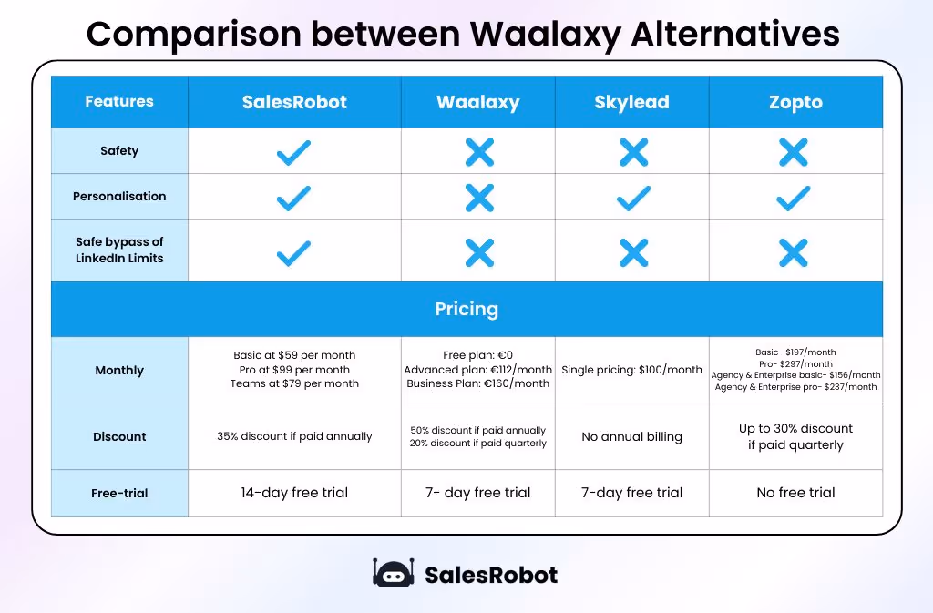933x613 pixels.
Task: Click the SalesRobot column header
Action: pyautogui.click(x=294, y=102)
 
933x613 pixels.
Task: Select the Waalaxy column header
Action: pyautogui.click(x=477, y=102)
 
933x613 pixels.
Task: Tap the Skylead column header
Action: pyautogui.click(x=631, y=102)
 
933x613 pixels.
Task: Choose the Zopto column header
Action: pyautogui.click(x=795, y=102)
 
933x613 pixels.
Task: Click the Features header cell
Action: pyautogui.click(x=119, y=101)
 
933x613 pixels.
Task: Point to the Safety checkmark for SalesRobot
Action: pyautogui.click(x=293, y=152)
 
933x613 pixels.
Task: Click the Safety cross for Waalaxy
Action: pyautogui.click(x=478, y=152)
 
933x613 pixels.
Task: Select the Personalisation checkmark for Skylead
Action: pyautogui.click(x=632, y=198)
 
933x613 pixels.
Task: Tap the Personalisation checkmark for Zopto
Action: pyautogui.click(x=794, y=198)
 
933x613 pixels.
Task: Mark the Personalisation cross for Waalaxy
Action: pyautogui.click(x=478, y=198)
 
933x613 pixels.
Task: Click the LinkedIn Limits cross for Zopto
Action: pyautogui.click(x=794, y=252)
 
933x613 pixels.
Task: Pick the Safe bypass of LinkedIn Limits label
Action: pyautogui.click(x=119, y=250)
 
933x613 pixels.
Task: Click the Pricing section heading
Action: pyautogui.click(x=466, y=309)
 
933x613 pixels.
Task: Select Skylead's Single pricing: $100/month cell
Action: pyautogui.click(x=631, y=370)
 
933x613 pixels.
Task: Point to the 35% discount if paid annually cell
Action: pyautogui.click(x=294, y=436)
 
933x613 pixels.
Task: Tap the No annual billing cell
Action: pyautogui.click(x=631, y=436)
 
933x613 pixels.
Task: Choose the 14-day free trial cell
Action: pyautogui.click(x=294, y=493)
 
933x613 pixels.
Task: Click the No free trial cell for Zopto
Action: pyautogui.click(x=795, y=493)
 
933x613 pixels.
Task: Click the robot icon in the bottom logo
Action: pyautogui.click(x=394, y=574)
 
